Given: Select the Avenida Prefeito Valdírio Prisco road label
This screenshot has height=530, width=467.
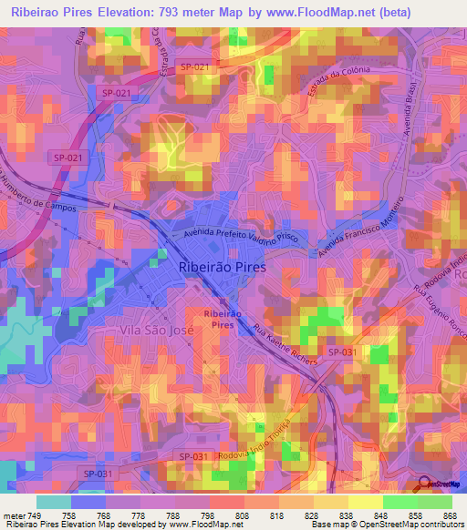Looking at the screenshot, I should pyautogui.click(x=240, y=237).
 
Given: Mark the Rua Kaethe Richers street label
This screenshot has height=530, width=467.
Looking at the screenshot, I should pyautogui.click(x=285, y=346).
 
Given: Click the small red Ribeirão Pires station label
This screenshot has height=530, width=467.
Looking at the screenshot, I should pyautogui.click(x=223, y=318).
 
